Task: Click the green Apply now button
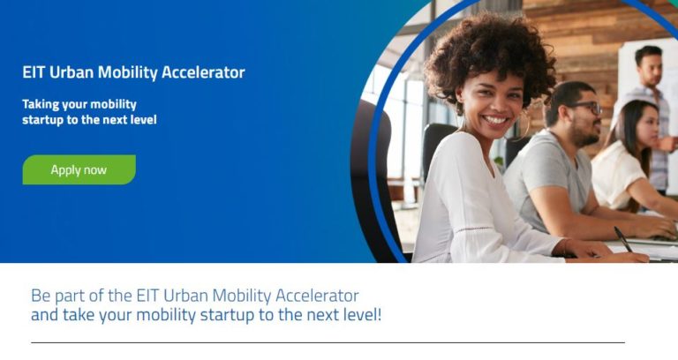coord(79,169)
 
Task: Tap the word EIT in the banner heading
coord(34,72)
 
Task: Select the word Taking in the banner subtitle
coord(41,104)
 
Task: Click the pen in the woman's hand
coord(623,239)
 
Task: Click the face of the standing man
coord(651,69)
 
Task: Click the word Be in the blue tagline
coord(41,295)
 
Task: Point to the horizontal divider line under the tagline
coord(327,342)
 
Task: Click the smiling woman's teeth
coord(495,119)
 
